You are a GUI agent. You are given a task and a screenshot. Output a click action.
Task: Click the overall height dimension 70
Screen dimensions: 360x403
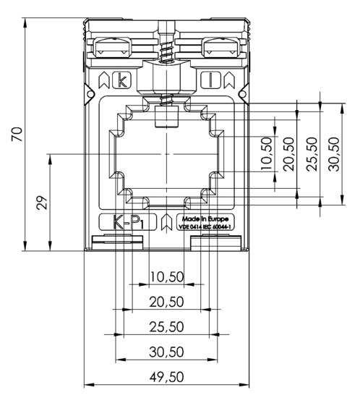pos(17,134)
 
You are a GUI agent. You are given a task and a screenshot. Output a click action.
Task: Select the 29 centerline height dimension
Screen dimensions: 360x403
pos(43,203)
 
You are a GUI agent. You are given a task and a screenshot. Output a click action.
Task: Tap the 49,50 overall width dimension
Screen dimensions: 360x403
pos(167,376)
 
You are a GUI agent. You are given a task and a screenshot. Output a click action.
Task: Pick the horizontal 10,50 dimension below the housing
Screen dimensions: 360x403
pos(167,277)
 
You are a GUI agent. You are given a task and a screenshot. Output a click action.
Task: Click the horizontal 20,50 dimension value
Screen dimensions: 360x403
pos(167,302)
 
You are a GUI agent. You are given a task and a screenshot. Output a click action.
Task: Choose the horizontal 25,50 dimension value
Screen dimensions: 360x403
pos(167,326)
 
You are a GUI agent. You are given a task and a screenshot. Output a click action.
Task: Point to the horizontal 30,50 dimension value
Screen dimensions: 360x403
pos(167,352)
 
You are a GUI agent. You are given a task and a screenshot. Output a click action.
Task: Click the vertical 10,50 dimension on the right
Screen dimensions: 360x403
pos(267,154)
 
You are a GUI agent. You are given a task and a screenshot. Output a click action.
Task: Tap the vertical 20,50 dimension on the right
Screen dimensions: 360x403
pos(288,154)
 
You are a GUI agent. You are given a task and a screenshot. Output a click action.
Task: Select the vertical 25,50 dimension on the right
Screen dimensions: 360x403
pos(312,154)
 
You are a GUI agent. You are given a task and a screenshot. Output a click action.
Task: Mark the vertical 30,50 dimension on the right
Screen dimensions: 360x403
pos(334,154)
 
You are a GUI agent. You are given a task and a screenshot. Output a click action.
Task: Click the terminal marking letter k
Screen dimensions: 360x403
pos(122,80)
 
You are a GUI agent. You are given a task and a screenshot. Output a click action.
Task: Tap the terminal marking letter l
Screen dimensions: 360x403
pos(210,80)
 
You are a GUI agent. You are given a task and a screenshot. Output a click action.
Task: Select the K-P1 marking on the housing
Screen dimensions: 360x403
pos(128,222)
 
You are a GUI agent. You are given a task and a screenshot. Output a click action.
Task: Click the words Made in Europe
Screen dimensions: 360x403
pos(205,219)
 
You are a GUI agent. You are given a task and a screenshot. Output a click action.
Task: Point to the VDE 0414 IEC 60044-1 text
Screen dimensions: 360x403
pos(205,226)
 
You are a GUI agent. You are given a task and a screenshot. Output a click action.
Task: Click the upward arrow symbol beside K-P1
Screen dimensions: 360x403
pos(167,222)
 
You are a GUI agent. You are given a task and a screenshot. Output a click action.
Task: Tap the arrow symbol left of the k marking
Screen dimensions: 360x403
pos(104,80)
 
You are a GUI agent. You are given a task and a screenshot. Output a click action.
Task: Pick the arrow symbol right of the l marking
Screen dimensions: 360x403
pos(229,80)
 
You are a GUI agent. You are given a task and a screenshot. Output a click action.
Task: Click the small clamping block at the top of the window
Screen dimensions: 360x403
pos(167,117)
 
